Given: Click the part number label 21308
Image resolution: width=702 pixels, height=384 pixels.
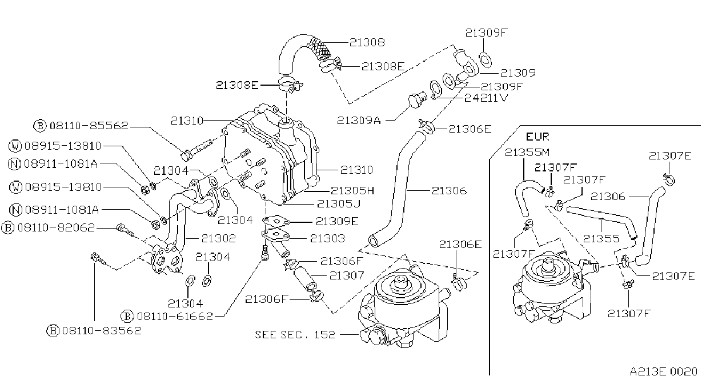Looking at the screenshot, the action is [367, 42].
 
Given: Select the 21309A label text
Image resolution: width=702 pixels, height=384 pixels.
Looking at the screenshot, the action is [359, 121].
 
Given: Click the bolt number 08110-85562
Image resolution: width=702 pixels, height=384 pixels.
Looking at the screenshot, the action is [89, 125].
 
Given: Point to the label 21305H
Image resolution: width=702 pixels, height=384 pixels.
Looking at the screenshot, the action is [352, 191].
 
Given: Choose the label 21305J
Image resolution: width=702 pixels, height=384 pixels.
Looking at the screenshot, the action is [339, 204].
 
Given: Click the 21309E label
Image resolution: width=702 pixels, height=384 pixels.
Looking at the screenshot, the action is [337, 221].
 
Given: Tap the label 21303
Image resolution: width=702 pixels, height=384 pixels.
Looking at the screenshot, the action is [327, 238].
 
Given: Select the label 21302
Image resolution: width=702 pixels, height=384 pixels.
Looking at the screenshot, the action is [218, 238].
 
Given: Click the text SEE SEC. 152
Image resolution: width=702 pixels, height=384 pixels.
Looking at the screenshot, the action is [295, 335].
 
